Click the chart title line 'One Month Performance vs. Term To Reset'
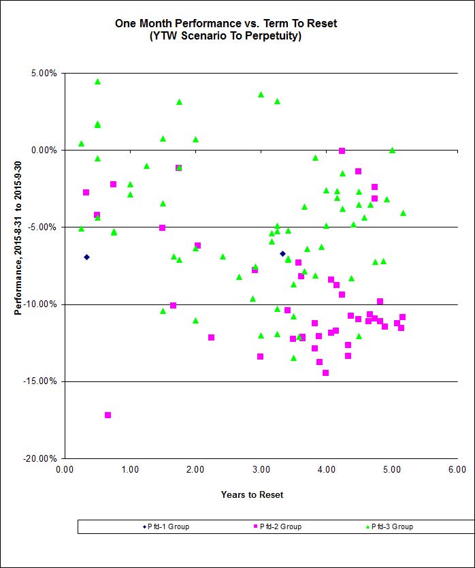tap(225, 24)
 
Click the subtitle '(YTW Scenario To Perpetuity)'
tap(225, 36)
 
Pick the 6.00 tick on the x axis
tap(457, 469)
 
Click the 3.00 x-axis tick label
tap(261, 469)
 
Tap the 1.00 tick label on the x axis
tap(130, 469)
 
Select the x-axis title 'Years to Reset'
tap(252, 494)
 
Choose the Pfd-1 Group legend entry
tap(165, 526)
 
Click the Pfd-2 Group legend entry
tap(277, 526)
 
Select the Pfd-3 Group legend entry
tap(389, 526)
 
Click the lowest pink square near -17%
tap(108, 415)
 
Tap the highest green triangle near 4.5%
tap(97, 81)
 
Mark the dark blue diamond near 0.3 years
tap(86, 257)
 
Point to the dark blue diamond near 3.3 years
tap(282, 253)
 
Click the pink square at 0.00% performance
tap(342, 151)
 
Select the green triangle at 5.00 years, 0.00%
tap(392, 151)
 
